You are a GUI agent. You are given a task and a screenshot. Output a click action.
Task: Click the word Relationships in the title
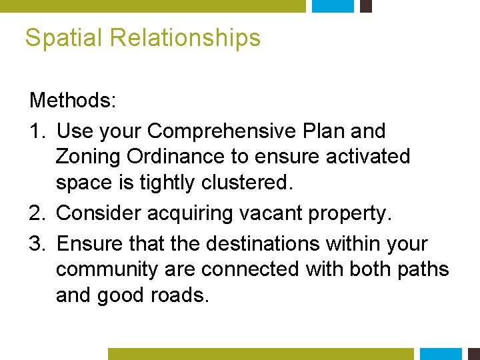pos(185,38)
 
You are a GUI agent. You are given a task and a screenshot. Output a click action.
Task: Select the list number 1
pos(38,131)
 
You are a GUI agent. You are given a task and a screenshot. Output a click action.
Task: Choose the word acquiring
pos(201,213)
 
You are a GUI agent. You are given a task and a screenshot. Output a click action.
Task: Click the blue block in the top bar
pos(333,6)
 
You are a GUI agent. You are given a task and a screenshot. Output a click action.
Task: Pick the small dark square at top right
pos(365,6)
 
